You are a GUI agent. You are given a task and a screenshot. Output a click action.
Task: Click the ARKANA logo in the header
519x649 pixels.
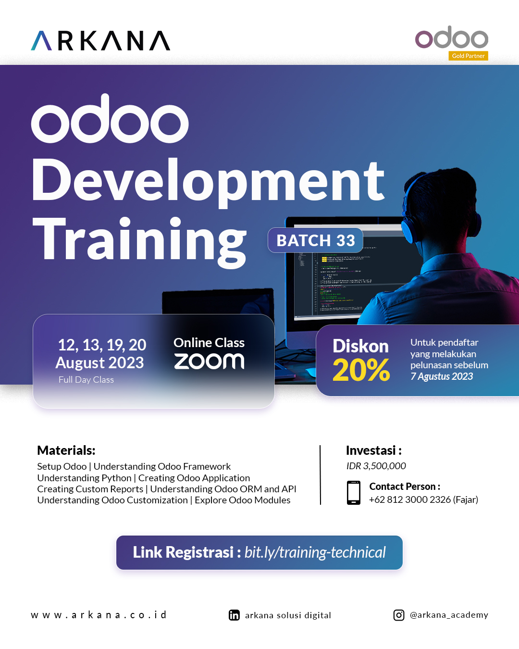pyautogui.click(x=100, y=41)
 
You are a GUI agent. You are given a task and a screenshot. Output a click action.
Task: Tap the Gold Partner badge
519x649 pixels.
pyautogui.click(x=468, y=56)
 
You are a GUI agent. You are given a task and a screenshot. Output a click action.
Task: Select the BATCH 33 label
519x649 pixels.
pyautogui.click(x=315, y=240)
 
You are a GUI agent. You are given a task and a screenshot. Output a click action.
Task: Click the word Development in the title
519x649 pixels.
pyautogui.click(x=208, y=181)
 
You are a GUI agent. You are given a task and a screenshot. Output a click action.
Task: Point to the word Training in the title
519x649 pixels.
pyautogui.click(x=139, y=239)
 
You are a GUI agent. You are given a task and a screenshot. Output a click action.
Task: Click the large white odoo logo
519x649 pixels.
pyautogui.click(x=110, y=120)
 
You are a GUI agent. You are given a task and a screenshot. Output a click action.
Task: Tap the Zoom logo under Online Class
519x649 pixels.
pyautogui.click(x=209, y=362)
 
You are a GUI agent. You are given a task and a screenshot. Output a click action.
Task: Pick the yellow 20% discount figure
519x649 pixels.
pyautogui.click(x=361, y=370)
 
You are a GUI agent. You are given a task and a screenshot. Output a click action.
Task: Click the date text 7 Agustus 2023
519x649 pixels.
pyautogui.click(x=442, y=376)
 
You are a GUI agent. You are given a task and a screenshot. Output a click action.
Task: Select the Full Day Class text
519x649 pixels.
pyautogui.click(x=86, y=380)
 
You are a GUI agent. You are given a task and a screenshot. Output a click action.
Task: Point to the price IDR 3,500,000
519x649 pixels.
pyautogui.click(x=376, y=466)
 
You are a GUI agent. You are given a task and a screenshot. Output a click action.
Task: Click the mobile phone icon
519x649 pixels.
pyautogui.click(x=354, y=492)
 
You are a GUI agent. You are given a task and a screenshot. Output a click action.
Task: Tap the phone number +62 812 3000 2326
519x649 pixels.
pyautogui.click(x=410, y=499)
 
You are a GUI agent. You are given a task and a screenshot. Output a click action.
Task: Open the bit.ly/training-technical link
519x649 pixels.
pyautogui.click(x=315, y=552)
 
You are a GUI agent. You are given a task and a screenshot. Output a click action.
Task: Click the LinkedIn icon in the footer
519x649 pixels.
pyautogui.click(x=234, y=615)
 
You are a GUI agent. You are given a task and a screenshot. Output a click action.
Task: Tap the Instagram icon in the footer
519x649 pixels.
pyautogui.click(x=399, y=615)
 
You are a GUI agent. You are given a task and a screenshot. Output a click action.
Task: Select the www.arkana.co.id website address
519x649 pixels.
pyautogui.click(x=99, y=615)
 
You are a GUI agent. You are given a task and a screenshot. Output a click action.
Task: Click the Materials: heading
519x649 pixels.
pyautogui.click(x=66, y=450)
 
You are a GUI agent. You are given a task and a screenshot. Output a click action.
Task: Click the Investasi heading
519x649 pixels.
pyautogui.click(x=373, y=450)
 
